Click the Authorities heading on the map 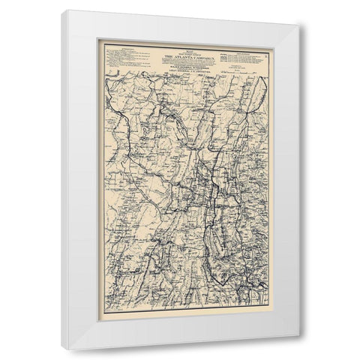(x=120, y=49)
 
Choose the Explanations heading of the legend (x=247, y=50)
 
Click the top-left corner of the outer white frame (x=63, y=10)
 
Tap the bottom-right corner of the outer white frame (x=300, y=350)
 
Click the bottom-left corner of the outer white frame (x=63, y=350)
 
